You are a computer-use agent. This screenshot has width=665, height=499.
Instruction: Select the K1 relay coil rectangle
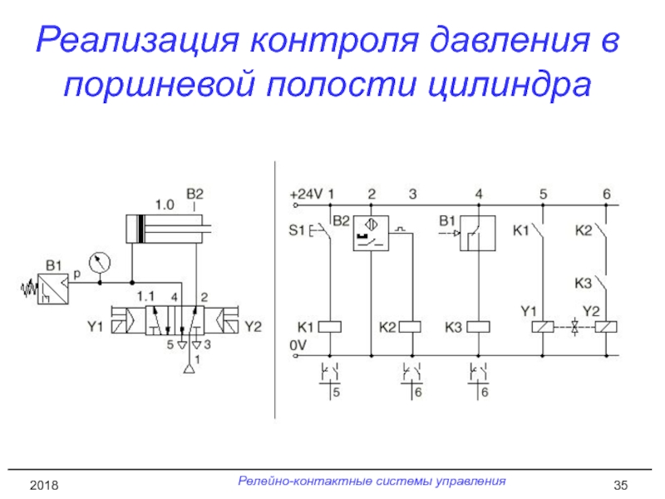tap(330, 326)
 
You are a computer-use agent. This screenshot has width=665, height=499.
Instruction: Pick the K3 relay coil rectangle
tap(479, 326)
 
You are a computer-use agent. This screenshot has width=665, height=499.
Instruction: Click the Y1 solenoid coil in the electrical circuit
tap(543, 326)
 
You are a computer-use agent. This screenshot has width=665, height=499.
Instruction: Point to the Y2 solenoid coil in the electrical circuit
tap(607, 326)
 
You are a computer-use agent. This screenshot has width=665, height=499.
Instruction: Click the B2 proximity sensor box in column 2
tap(372, 233)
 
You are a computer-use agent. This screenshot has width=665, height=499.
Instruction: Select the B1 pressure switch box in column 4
tap(478, 233)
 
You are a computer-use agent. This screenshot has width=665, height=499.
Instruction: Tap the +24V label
tap(305, 194)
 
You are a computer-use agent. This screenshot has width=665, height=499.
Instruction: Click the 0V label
tap(297, 343)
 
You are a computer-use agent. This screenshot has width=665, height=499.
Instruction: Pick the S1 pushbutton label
tap(298, 229)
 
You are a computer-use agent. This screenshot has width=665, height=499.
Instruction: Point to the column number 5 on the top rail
tap(543, 194)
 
